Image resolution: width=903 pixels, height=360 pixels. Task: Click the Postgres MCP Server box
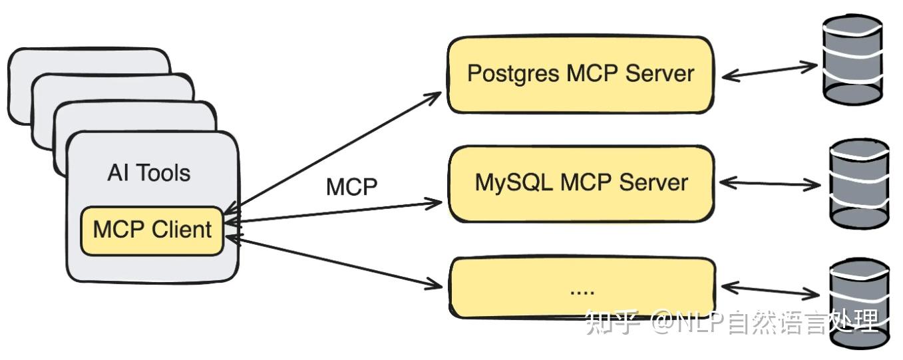[580, 74]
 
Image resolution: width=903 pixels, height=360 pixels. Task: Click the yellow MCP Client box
[152, 230]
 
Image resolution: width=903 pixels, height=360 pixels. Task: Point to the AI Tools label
[148, 173]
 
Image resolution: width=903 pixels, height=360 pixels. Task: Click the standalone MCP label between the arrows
[351, 187]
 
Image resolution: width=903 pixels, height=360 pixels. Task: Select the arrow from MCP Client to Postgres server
[333, 150]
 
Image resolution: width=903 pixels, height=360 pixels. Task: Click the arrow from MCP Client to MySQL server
[333, 212]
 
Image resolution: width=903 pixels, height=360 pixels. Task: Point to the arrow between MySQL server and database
[769, 183]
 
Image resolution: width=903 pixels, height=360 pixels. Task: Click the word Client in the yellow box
[182, 230]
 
